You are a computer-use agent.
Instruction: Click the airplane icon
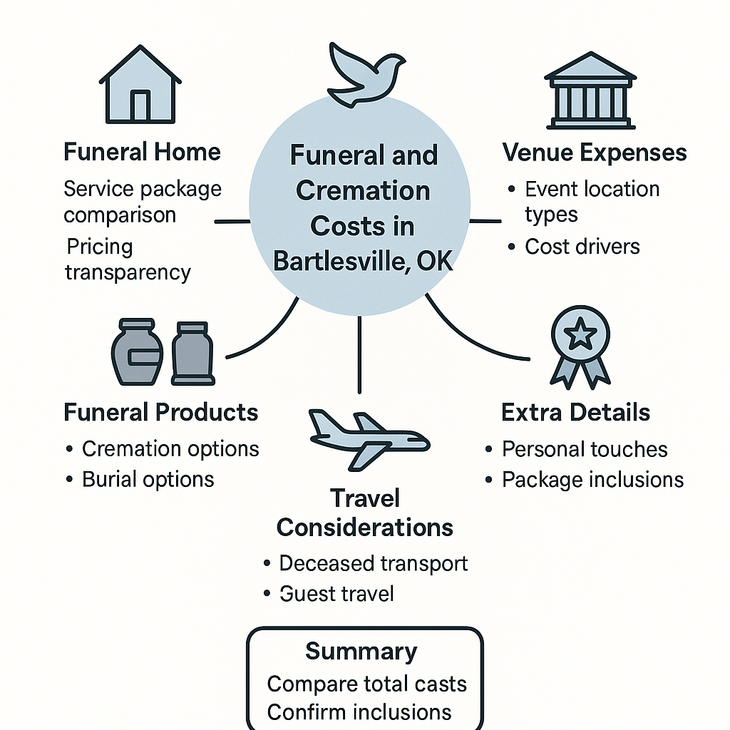point(367,438)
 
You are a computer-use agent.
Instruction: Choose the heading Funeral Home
point(142,152)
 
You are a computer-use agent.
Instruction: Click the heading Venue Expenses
point(595,152)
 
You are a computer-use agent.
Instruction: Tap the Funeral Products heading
point(161,412)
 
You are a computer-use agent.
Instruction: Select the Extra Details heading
point(575,412)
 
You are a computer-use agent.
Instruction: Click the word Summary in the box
point(361,651)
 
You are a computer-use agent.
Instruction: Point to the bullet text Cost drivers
point(582,247)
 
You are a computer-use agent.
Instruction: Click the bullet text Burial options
point(148,479)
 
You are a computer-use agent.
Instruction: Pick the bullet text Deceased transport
point(374,563)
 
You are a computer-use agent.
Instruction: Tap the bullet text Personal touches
point(585,449)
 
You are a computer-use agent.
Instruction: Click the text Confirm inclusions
point(359,711)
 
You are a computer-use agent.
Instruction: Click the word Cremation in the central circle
point(363,190)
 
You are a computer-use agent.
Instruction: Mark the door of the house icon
point(140,105)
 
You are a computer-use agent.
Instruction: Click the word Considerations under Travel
point(365,528)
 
